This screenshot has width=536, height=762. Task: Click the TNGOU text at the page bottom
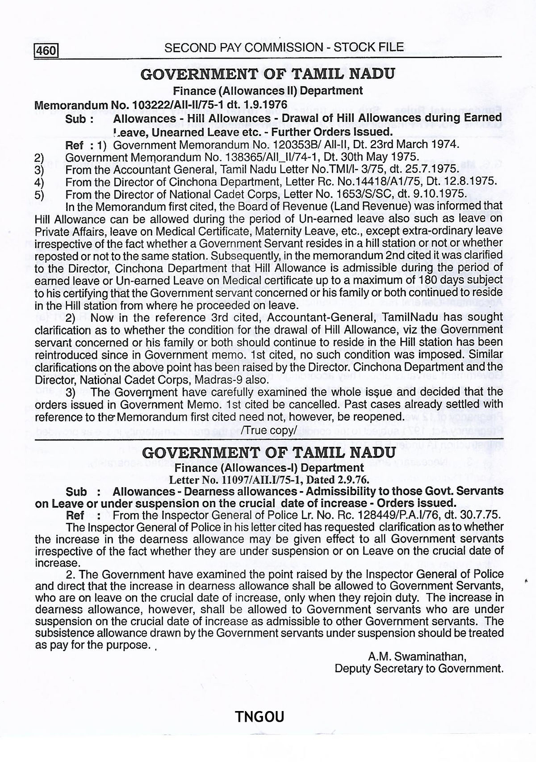[x=260, y=716]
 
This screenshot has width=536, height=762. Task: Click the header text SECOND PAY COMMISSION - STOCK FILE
[x=284, y=47]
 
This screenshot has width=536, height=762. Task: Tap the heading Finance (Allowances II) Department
[x=268, y=91]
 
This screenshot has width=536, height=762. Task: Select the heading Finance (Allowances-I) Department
[x=269, y=468]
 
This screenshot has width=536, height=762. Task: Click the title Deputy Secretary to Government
[x=419, y=669]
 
